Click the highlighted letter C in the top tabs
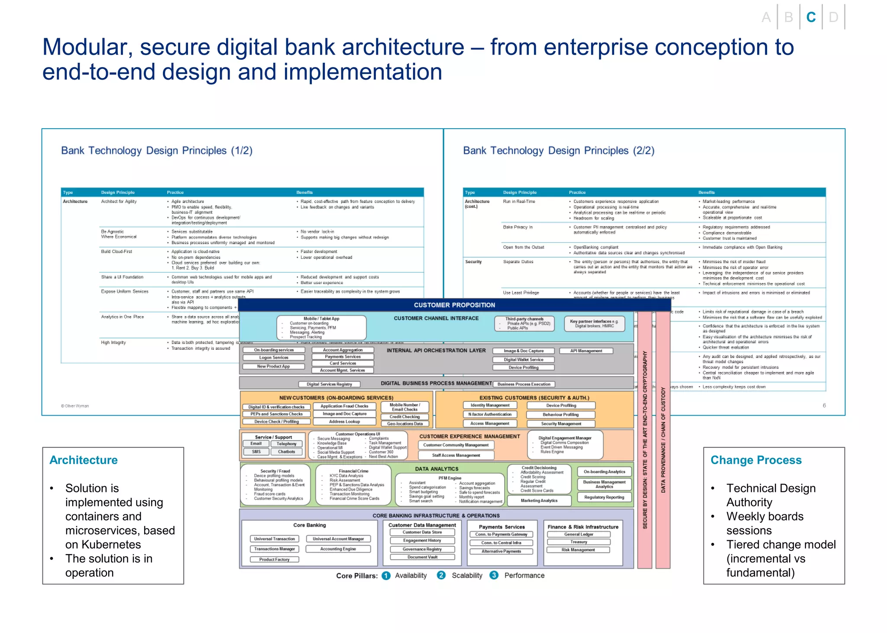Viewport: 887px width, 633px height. (x=811, y=17)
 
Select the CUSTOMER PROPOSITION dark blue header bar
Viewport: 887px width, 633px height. (x=454, y=305)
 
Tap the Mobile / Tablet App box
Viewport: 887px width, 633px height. (x=321, y=327)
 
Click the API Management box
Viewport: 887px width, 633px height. (x=586, y=351)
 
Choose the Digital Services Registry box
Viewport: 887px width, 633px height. (x=329, y=384)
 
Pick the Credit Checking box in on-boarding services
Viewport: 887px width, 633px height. (x=405, y=417)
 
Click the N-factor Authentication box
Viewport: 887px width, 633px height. (x=490, y=414)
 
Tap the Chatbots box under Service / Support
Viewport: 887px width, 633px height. (x=286, y=452)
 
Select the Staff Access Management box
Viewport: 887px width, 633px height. (x=456, y=455)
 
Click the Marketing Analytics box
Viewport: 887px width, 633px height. (x=539, y=501)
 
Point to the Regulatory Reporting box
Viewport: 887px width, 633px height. (x=604, y=497)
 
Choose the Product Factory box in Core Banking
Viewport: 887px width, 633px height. (x=274, y=559)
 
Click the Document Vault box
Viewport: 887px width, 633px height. (x=422, y=557)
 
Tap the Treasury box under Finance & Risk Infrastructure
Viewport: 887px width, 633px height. (x=579, y=542)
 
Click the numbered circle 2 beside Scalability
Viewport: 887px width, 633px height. (x=441, y=575)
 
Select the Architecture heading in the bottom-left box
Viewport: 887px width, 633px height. (x=84, y=460)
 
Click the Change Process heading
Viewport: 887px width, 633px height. (x=756, y=460)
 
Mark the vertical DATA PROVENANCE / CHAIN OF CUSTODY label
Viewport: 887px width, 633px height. (x=663, y=439)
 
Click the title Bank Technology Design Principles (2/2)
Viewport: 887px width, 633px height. (x=558, y=151)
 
